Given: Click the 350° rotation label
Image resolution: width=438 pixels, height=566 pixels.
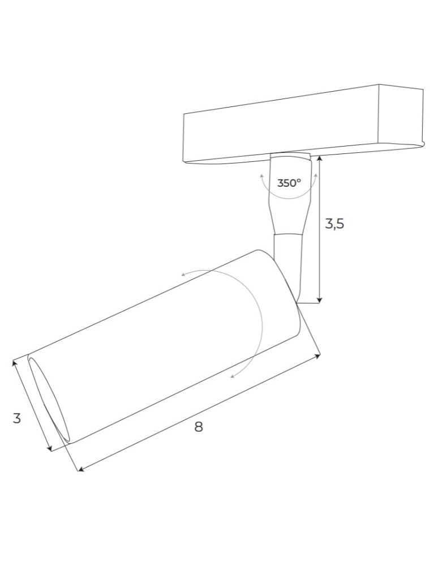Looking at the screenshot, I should click(289, 183).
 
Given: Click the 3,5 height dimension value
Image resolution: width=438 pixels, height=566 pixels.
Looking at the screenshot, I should click(334, 224).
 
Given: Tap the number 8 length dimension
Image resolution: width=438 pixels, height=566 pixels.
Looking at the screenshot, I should click(198, 427).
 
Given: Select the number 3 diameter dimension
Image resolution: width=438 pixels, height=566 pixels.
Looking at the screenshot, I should click(17, 419).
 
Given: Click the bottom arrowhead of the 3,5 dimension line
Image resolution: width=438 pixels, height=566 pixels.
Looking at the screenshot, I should click(320, 300).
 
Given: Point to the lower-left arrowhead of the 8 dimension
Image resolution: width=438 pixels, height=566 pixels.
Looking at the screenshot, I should click(80, 469).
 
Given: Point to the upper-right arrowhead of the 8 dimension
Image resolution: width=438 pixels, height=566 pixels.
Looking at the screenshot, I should click(318, 356).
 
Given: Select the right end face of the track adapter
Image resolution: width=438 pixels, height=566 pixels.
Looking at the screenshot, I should click(401, 116).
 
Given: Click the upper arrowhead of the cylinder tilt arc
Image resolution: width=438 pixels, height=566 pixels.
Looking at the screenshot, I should click(183, 275).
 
